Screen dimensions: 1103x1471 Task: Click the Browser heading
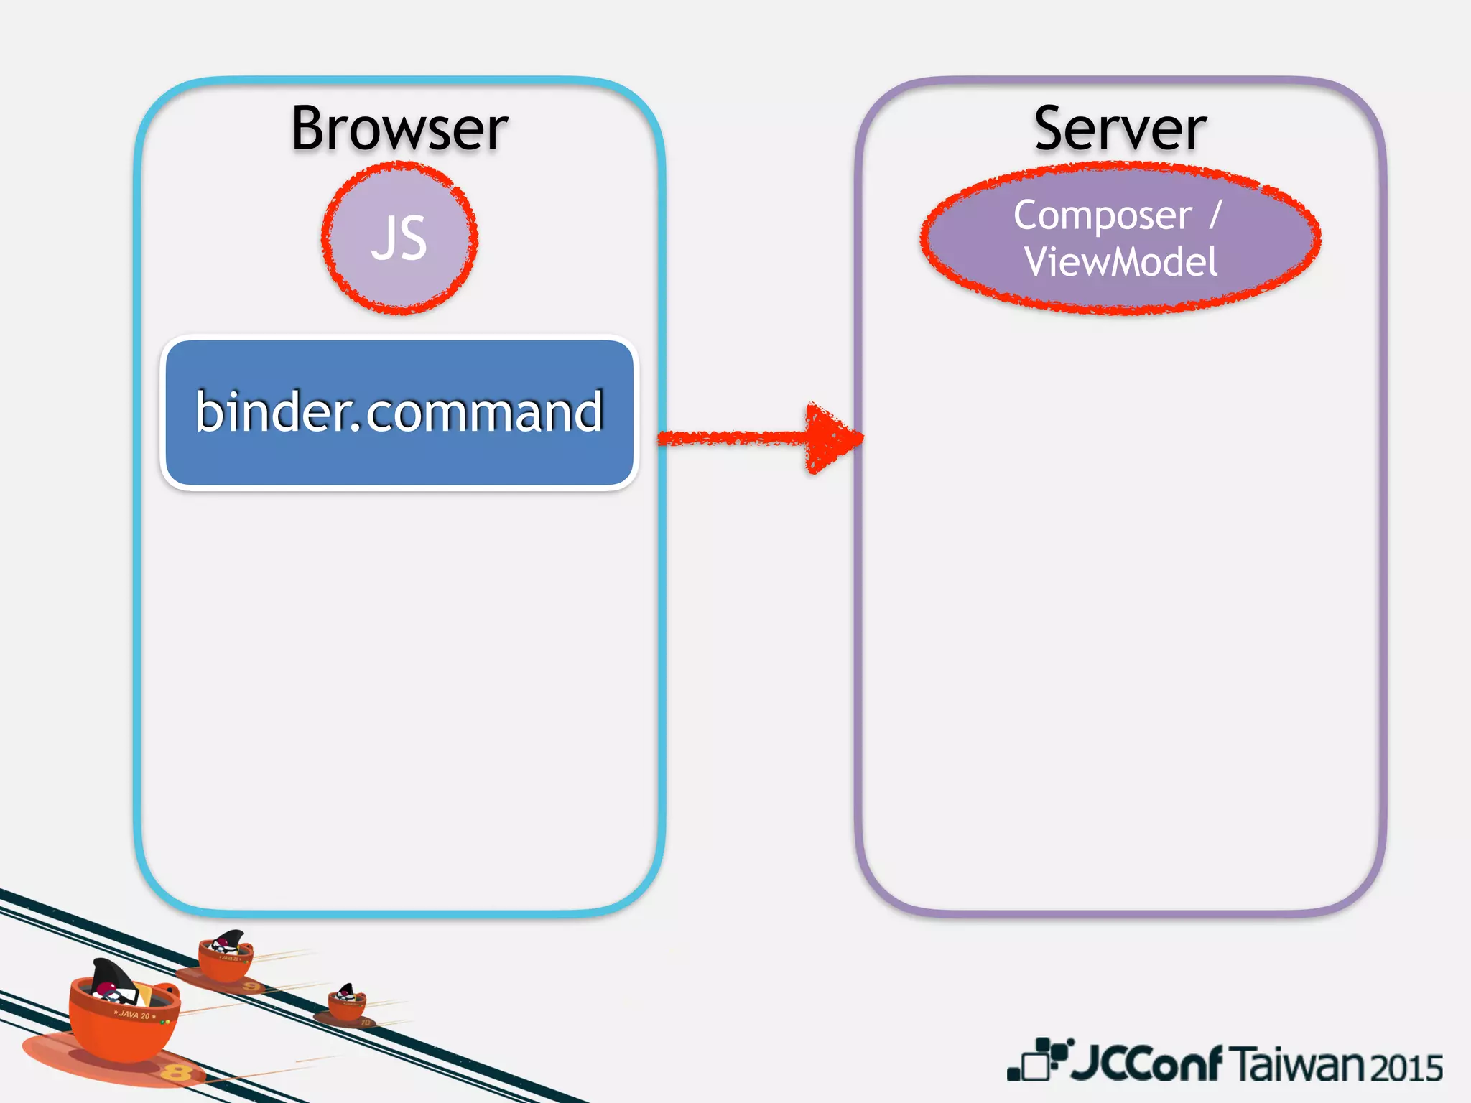(x=399, y=129)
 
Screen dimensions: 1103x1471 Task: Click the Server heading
(x=1120, y=129)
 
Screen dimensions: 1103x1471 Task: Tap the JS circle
(x=399, y=238)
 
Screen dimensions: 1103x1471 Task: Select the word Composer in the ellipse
(x=1102, y=215)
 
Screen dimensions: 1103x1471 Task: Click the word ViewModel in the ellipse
(x=1120, y=261)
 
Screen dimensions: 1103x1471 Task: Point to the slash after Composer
(x=1215, y=215)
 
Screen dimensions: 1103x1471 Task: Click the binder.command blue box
(x=399, y=412)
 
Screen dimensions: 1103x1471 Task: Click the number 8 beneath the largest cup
(x=175, y=1073)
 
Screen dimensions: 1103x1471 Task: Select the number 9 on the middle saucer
(x=251, y=987)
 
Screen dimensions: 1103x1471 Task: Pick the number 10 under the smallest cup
(x=365, y=1022)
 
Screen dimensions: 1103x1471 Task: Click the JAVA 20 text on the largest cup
(x=134, y=1015)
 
